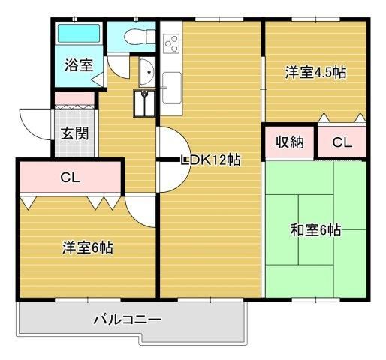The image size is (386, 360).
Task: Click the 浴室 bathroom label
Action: (79, 65)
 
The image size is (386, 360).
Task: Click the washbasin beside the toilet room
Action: (147, 73)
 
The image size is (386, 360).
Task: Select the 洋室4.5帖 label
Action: (315, 73)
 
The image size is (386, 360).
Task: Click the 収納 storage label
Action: (288, 142)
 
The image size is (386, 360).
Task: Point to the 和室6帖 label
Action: (315, 230)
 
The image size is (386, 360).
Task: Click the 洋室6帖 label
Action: (87, 247)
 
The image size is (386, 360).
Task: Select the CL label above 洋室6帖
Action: (71, 178)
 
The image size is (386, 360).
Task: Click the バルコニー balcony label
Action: (127, 319)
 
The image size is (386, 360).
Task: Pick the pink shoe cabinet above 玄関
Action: (74, 98)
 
